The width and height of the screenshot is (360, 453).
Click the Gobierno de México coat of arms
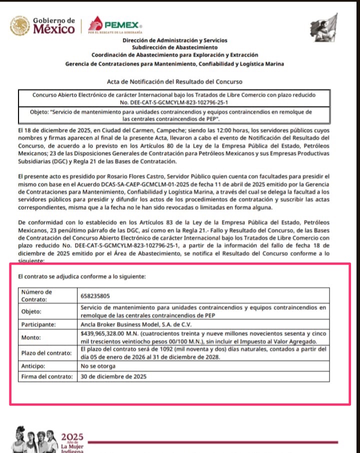pos(20,25)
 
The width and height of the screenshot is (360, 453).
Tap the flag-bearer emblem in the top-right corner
pos(323,25)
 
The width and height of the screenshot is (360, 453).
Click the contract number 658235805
pos(96,295)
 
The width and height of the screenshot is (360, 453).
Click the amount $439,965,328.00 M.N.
pos(112,333)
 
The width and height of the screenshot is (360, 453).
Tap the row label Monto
pos(31,337)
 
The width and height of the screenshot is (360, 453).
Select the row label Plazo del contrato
pos(46,353)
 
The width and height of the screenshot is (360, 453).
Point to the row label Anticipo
pos(33,365)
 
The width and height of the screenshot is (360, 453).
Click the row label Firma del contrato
pos(46,376)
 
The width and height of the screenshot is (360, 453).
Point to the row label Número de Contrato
pos(38,295)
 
